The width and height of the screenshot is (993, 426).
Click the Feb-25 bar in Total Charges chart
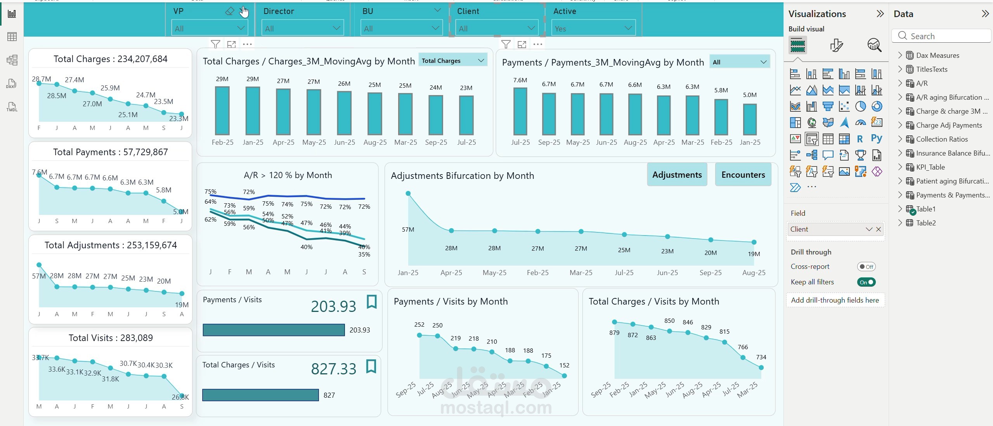click(x=222, y=111)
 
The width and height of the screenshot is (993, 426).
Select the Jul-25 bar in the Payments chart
click(x=520, y=111)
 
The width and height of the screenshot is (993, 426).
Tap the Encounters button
click(x=743, y=175)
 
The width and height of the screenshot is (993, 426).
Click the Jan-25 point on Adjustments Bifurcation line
click(x=408, y=193)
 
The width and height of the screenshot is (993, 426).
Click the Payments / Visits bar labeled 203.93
click(x=274, y=330)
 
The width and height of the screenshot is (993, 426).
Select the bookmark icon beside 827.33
click(x=371, y=366)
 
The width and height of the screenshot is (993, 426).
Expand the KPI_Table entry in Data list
click(x=900, y=167)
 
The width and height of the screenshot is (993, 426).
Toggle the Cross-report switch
click(x=866, y=267)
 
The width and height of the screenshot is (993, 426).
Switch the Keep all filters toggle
click(x=866, y=282)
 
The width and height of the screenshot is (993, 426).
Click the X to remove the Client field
click(x=879, y=229)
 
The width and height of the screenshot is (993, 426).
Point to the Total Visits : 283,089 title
click(x=111, y=338)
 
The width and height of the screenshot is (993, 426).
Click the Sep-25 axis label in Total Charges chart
click(x=436, y=142)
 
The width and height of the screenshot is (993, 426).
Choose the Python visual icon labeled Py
click(x=876, y=139)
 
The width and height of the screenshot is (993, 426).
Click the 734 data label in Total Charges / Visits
click(x=761, y=357)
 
